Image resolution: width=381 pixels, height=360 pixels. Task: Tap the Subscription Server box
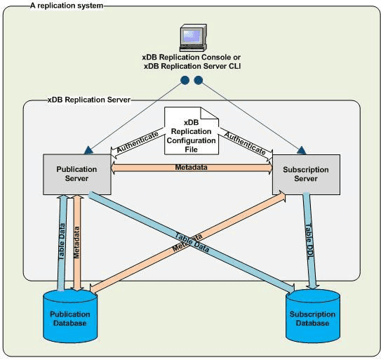[300, 173]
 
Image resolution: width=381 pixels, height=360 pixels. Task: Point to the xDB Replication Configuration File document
[192, 131]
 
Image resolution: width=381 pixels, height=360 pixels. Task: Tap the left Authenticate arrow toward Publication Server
[138, 137]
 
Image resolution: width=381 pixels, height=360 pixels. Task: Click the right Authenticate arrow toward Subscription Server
[245, 137]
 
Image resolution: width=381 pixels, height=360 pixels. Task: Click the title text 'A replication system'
[67, 6]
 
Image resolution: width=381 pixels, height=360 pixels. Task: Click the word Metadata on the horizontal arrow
[191, 167]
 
